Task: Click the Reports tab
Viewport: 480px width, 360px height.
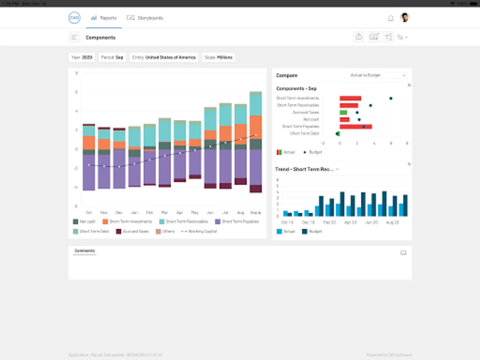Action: tap(104, 18)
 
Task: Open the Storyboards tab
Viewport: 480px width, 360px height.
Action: tap(145, 18)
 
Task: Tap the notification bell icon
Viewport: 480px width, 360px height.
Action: tap(391, 18)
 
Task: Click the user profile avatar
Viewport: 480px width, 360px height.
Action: tap(405, 18)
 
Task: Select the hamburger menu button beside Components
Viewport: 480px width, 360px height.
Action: tap(74, 38)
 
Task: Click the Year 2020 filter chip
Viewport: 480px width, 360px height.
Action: tap(82, 58)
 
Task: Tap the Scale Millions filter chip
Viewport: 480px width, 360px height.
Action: tap(219, 58)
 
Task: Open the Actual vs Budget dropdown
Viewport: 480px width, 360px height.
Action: tap(378, 75)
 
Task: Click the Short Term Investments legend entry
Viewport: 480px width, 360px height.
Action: tap(127, 222)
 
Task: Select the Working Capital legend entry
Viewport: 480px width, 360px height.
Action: tap(199, 232)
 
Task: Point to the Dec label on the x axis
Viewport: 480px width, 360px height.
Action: tap(119, 212)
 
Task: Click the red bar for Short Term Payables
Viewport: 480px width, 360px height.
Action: tap(356, 127)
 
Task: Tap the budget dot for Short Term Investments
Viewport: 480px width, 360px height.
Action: tap(391, 98)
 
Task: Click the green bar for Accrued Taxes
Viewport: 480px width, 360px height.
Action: tap(343, 113)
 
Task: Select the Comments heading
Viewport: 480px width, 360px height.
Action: tap(85, 251)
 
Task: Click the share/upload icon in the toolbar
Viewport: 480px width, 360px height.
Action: tap(359, 37)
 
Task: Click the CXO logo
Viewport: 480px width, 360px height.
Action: tap(74, 18)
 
